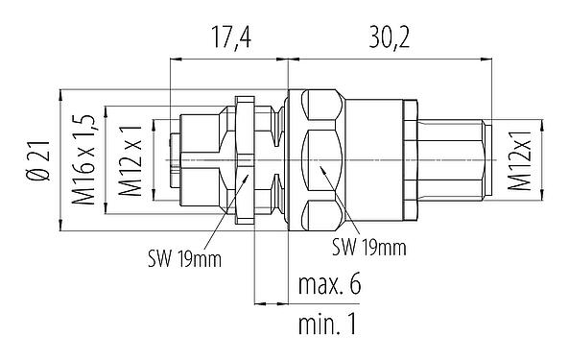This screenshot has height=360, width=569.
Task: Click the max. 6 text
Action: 328,285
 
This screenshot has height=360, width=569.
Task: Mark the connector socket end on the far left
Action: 182,158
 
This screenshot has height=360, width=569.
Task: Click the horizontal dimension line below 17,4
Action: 227,60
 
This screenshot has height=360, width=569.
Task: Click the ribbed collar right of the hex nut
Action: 407,158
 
